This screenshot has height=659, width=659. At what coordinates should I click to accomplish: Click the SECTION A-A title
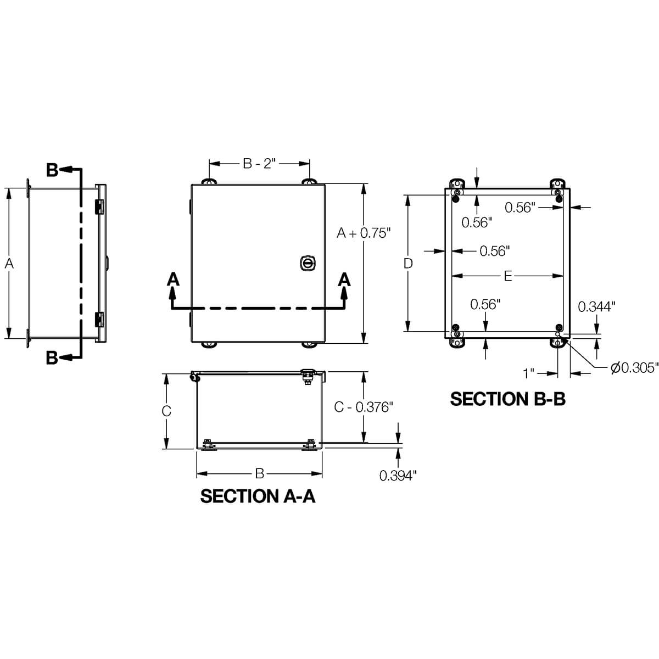[x=258, y=496]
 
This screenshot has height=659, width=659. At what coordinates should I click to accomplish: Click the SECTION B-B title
[x=507, y=399]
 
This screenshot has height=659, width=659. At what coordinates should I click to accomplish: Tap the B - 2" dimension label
[x=259, y=164]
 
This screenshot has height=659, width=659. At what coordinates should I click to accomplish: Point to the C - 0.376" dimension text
[x=364, y=407]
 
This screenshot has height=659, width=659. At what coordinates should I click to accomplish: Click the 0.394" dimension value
[x=398, y=476]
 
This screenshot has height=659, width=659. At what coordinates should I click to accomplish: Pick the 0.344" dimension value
[x=596, y=306]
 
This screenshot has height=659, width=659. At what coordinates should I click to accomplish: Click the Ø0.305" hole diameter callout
[x=634, y=368]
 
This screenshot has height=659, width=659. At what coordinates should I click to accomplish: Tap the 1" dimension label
[x=529, y=373]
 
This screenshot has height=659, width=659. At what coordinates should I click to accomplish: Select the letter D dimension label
[x=407, y=264]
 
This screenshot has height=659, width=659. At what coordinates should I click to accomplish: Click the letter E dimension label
[x=507, y=276]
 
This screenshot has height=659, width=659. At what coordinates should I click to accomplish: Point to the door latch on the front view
[x=307, y=263]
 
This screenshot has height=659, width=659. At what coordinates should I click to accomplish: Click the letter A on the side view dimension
[x=9, y=264]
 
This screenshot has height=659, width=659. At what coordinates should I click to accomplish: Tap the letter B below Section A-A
[x=259, y=473]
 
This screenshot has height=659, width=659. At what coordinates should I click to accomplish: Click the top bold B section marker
[x=52, y=170]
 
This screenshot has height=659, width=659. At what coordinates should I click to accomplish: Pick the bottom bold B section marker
[x=52, y=358]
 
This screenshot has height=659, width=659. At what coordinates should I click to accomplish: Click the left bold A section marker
[x=173, y=280]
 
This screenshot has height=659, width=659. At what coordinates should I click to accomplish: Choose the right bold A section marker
[x=344, y=280]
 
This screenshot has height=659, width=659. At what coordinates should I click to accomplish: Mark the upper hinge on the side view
[x=99, y=206]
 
